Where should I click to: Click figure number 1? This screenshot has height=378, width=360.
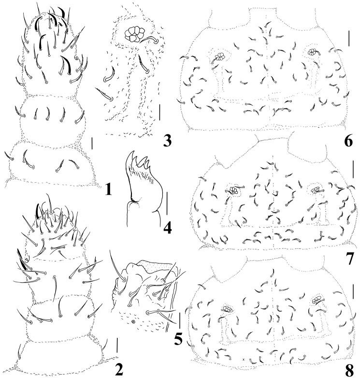point(108,189)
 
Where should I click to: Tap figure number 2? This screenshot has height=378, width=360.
point(119,369)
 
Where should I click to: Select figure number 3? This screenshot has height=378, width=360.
point(167,140)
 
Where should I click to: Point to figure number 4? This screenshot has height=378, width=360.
point(167,227)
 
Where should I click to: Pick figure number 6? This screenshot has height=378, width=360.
point(348,141)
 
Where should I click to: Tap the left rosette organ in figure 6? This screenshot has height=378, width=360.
point(220,57)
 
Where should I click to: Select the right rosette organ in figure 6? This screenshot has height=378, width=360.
point(313,51)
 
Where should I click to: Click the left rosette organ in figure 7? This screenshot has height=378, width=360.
point(233,190)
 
